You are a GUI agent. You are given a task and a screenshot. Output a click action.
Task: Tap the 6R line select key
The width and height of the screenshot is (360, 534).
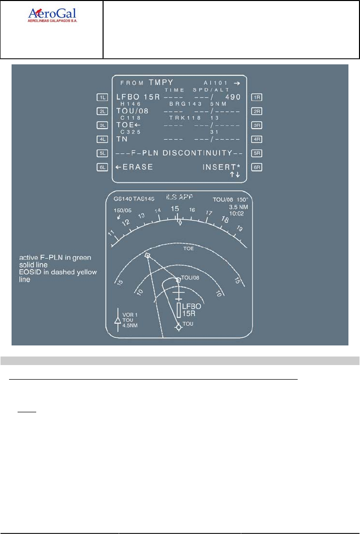pos(256,166)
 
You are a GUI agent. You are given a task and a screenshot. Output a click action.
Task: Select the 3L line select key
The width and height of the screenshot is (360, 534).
pos(104,125)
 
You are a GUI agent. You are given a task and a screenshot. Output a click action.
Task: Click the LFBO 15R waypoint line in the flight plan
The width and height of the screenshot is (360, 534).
pos(137,97)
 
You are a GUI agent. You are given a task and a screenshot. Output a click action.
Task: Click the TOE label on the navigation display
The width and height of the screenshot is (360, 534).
pos(188,248)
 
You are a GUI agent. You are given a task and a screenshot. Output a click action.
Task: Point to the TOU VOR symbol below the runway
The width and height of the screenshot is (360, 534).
pos(178,327)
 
